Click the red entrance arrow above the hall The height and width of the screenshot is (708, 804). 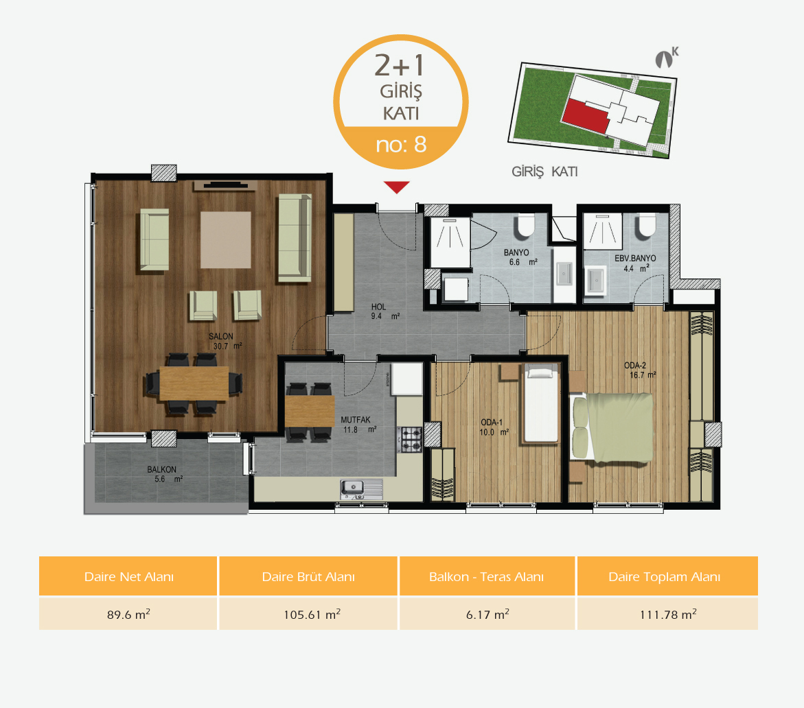click(x=396, y=187)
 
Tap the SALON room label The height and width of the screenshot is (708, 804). click(x=221, y=337)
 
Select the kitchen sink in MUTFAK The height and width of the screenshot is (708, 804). click(x=362, y=489)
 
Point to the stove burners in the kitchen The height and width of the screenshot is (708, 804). click(x=411, y=440)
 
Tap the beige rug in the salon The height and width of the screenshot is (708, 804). click(x=226, y=239)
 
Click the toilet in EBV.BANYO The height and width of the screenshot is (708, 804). click(x=645, y=226)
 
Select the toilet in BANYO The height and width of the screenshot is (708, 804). click(x=525, y=226)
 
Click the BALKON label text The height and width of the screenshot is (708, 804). click(x=161, y=469)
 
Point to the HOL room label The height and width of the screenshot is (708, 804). click(x=378, y=307)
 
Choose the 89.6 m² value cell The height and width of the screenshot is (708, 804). click(x=128, y=614)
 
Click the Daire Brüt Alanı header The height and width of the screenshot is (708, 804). click(x=308, y=576)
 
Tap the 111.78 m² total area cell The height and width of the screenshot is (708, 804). click(x=667, y=614)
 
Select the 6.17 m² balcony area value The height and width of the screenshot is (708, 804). click(x=487, y=614)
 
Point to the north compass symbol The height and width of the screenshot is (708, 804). click(x=666, y=58)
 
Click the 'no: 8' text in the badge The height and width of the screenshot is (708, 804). click(x=401, y=145)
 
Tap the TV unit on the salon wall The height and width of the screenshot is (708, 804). click(x=225, y=185)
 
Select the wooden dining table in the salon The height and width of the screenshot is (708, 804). click(x=194, y=383)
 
